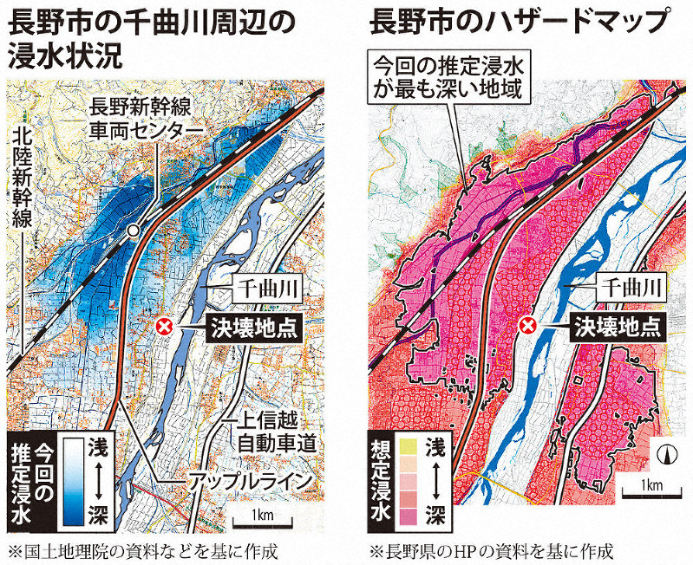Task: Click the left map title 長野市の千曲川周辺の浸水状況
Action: tap(165, 36)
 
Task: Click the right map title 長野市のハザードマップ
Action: tap(520, 21)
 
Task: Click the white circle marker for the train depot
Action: tap(132, 231)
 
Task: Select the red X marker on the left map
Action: tap(166, 327)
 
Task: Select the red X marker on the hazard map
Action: tap(526, 327)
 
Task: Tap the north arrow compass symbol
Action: tap(667, 452)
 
